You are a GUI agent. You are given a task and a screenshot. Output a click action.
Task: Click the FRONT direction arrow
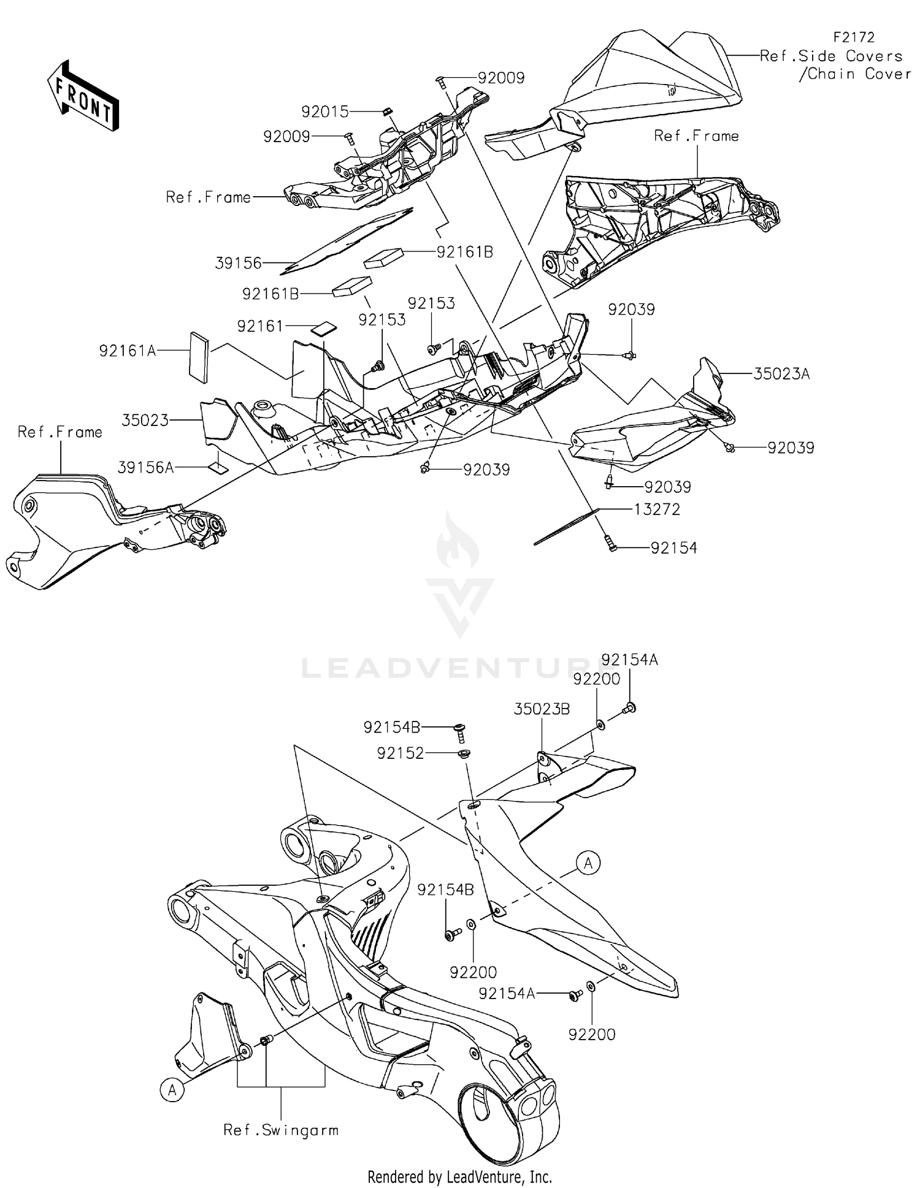pos(83,97)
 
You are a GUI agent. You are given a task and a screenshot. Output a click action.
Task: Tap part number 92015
pos(324,112)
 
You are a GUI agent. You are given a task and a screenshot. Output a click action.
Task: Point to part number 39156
pos(239,263)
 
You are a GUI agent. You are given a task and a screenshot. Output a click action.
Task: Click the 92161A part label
pos(128,351)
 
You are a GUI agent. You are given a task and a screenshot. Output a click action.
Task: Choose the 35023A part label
pos(781,373)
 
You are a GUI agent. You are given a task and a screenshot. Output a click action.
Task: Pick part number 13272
pos(657,509)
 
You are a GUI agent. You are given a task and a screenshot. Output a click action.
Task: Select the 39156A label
pos(145,468)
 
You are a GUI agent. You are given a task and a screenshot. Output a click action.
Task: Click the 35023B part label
pos(542,709)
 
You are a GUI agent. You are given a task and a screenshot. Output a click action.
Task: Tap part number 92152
pos(401,753)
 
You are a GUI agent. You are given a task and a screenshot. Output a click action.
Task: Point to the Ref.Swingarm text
pos(281,1130)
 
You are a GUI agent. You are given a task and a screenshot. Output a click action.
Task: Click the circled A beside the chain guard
pos(588,864)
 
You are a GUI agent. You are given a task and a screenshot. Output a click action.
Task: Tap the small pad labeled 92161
pos(323,329)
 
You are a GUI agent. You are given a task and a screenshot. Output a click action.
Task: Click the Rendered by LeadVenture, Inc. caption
pos(459,1176)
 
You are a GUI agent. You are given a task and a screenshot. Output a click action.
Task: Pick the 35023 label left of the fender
pos(145,421)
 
